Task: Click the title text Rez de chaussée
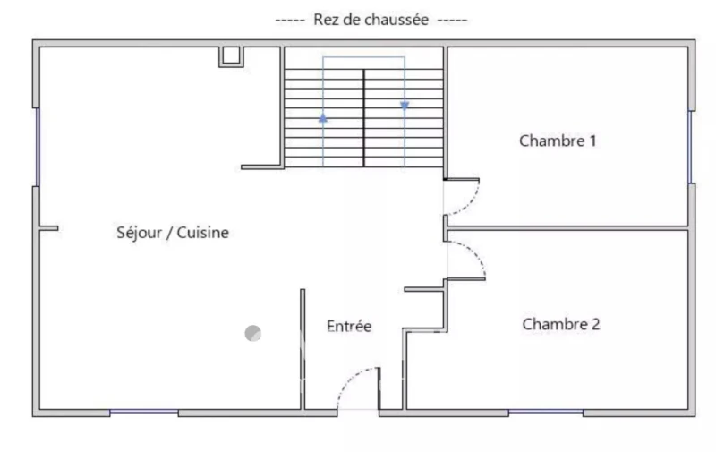pos(371,20)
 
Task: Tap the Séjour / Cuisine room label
pos(173,233)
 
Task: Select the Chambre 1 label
pos(558,141)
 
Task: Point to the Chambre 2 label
pos(561,324)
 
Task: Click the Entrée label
pos(349,326)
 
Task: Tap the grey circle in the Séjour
pos(253,333)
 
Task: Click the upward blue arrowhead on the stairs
pos(323,119)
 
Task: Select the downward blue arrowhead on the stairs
pos(405,106)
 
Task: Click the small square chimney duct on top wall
pos(231,56)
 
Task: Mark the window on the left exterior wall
pos(38,147)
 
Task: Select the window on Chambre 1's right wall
pos(690,147)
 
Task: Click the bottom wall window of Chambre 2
pos(546,412)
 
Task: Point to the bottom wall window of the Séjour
pos(144,412)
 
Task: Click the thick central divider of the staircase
pos(364,118)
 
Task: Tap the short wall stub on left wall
pos(48,228)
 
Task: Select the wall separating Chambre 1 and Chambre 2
pos(567,228)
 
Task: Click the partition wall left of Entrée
pos(303,349)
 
